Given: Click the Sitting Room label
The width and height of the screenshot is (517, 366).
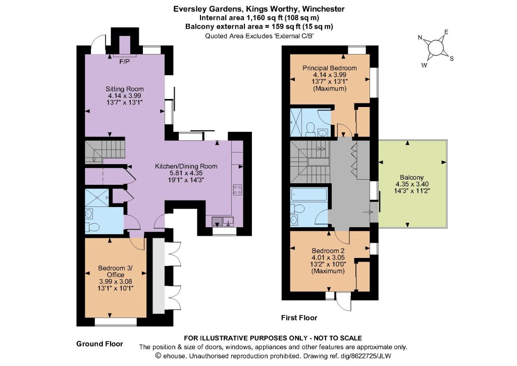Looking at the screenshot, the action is [x=125, y=89].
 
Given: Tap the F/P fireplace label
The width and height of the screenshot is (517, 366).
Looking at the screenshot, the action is [x=124, y=62].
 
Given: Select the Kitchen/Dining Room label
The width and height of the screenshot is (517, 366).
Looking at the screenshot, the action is [x=186, y=166].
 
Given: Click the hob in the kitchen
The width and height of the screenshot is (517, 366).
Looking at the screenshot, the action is [x=237, y=189].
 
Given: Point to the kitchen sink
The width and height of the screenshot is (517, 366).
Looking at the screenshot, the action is [x=223, y=221].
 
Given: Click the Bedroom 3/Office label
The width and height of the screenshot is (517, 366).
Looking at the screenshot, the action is [x=116, y=272].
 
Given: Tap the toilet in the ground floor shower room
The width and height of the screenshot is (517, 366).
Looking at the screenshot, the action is [x=92, y=227].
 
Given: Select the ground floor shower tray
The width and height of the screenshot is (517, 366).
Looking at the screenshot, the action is [x=96, y=197].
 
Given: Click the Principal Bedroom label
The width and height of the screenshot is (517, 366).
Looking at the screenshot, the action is [x=330, y=68].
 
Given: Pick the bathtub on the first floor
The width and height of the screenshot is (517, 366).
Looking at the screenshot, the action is [x=309, y=195].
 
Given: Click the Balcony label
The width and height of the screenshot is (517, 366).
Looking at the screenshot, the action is [x=412, y=177].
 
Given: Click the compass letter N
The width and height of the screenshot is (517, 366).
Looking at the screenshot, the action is [x=420, y=37].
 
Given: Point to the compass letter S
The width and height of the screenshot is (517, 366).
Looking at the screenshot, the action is [x=452, y=59].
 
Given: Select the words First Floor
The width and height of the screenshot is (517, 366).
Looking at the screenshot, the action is [x=299, y=318].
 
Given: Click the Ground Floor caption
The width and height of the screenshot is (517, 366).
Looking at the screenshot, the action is [x=99, y=344].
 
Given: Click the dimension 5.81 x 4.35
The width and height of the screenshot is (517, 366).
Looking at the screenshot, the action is [x=186, y=173].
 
